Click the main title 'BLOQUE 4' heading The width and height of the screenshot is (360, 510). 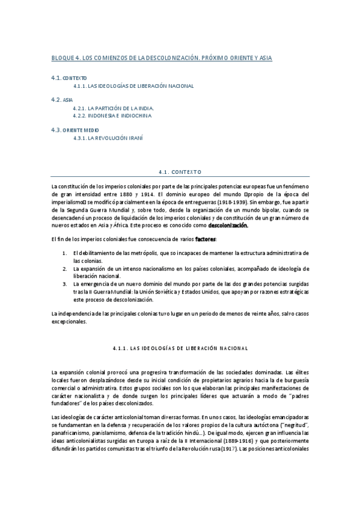coord(162,58)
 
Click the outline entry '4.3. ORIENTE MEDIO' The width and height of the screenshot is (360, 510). coord(75,129)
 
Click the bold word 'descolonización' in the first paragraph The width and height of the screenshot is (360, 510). coord(227,226)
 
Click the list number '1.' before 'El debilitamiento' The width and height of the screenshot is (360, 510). coord(64,253)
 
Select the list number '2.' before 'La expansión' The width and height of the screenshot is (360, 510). coord(64,268)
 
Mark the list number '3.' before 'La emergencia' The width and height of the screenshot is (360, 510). coord(64,283)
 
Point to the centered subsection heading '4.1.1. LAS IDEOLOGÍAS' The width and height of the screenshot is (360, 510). coord(180,348)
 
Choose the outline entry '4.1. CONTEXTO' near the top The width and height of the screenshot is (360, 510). coord(70,78)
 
